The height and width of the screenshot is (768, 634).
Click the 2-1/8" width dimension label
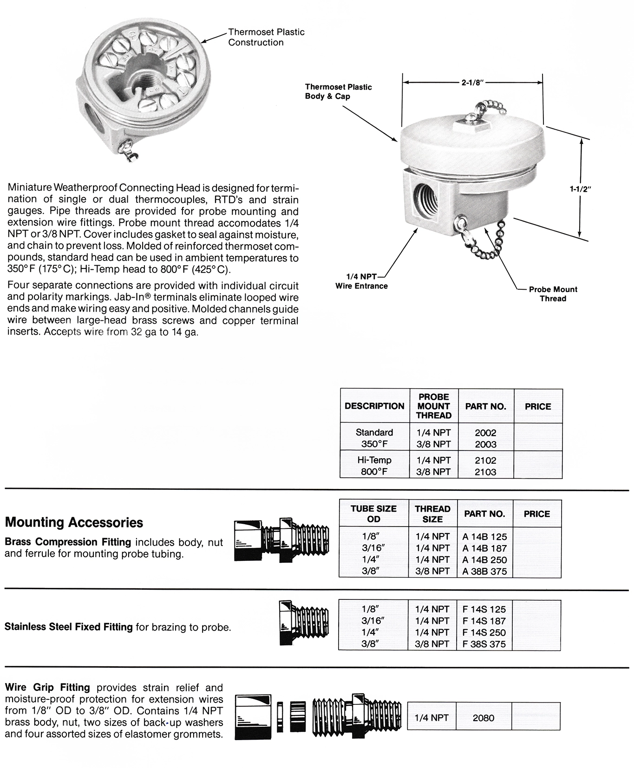coord(472,83)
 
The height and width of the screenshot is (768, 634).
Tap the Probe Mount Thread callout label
coord(553,294)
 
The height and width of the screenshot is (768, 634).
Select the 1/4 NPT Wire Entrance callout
coord(361,281)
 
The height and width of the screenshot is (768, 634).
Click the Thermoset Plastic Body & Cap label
coord(338,91)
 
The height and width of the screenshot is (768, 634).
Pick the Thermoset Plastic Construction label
coord(266,37)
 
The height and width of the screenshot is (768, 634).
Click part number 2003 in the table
coord(485,444)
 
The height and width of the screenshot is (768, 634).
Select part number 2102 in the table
coord(485,461)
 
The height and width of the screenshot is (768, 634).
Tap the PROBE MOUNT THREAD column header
coord(433,406)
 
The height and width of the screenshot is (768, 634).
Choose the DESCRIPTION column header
coord(374,406)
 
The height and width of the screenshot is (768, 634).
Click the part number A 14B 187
coord(484,548)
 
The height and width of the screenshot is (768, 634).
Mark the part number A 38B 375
coord(484,572)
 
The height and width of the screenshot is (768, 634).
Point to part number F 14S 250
coord(484,632)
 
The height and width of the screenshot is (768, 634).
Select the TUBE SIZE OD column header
coord(373,514)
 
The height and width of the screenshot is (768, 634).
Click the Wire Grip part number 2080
coord(483,718)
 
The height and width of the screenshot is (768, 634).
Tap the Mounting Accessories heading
coord(74,522)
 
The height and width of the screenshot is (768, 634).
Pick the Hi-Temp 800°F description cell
coord(374,466)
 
